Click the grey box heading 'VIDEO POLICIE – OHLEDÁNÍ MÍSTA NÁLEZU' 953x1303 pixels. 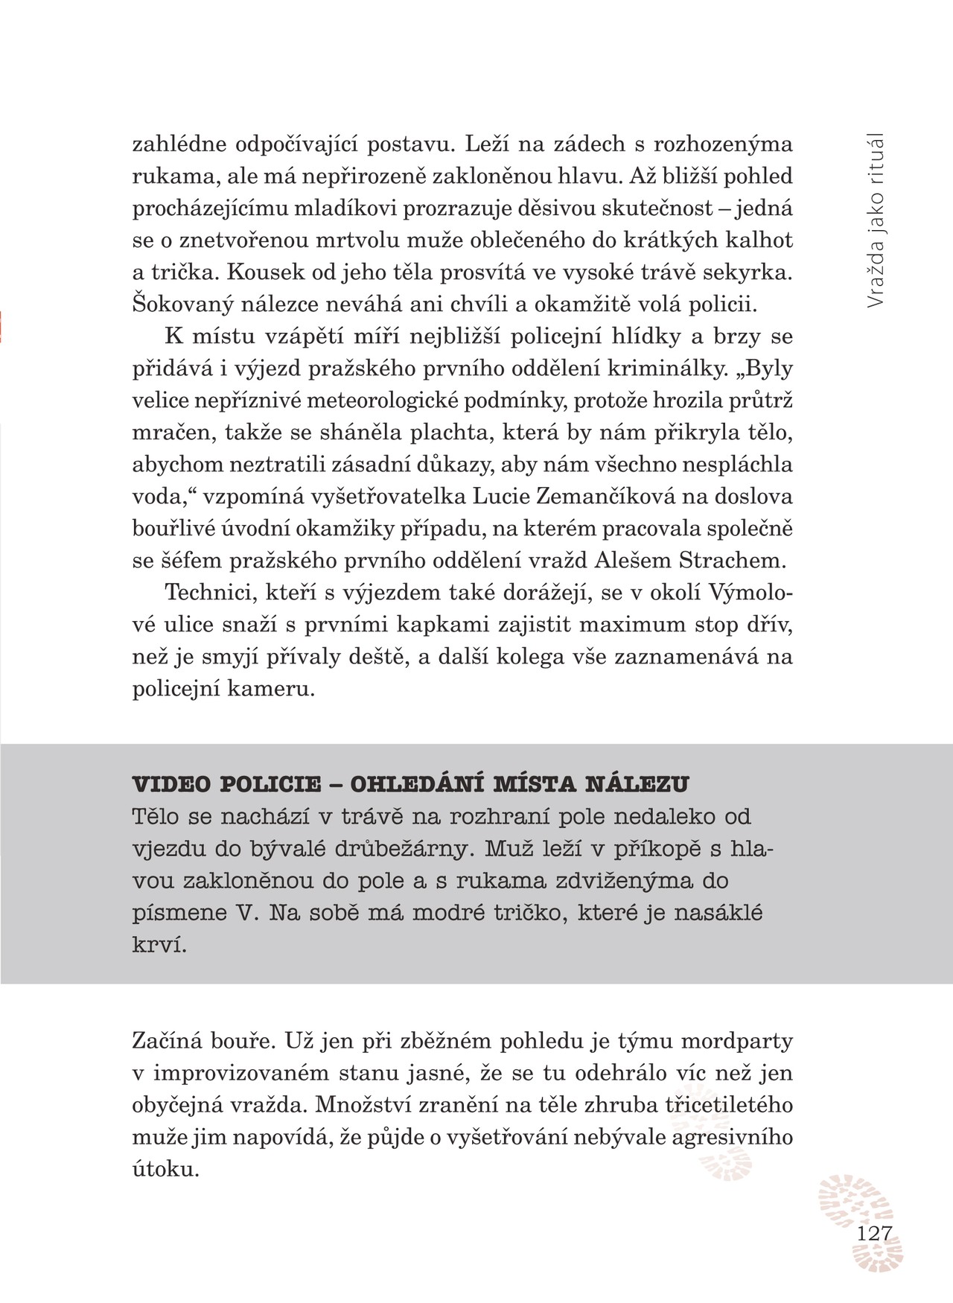click(410, 784)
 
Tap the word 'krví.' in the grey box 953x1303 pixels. click(159, 945)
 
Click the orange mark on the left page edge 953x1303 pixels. click(2, 325)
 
